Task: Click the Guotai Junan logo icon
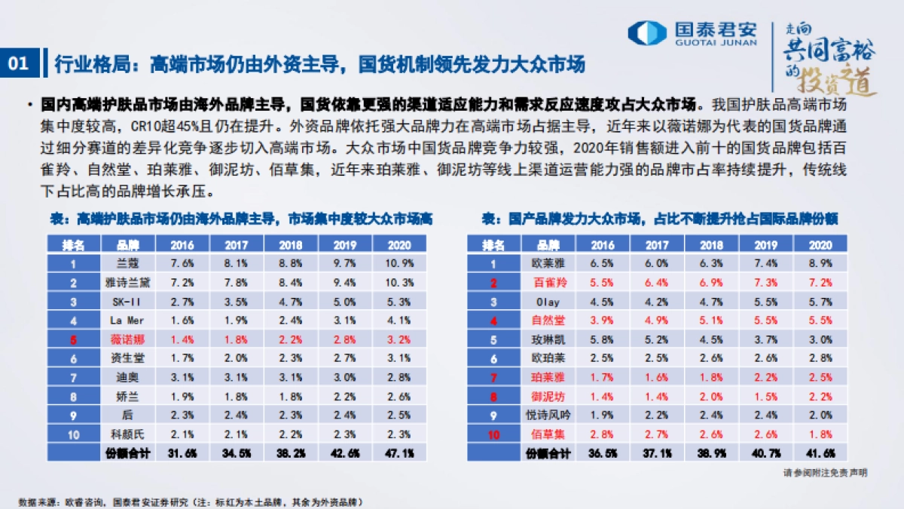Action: tap(646, 32)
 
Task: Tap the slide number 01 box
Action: tap(18, 63)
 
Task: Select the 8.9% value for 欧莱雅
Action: tap(820, 264)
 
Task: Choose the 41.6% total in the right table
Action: tap(820, 452)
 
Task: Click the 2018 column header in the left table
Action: tap(290, 245)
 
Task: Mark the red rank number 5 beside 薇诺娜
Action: tap(74, 339)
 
